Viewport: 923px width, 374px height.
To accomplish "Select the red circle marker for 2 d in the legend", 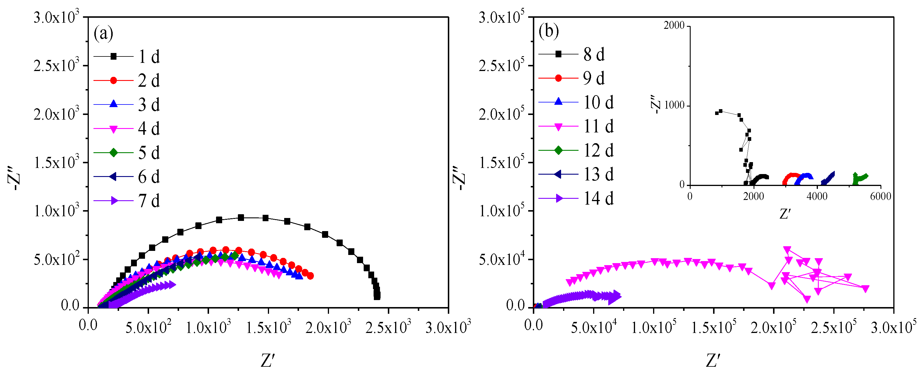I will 114,81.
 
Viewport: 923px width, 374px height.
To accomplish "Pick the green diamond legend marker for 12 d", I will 558,150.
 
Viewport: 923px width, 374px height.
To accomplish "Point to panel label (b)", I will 549,31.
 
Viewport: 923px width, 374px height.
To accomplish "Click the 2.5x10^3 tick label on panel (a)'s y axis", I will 56,65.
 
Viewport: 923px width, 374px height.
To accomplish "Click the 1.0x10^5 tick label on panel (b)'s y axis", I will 501,211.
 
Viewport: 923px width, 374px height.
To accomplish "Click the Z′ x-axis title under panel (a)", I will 268,360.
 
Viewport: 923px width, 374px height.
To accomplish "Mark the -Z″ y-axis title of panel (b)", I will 459,178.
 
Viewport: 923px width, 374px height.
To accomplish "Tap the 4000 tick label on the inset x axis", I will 817,196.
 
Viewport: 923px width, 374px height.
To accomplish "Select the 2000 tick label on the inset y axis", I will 674,25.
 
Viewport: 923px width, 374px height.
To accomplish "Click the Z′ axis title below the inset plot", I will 785,214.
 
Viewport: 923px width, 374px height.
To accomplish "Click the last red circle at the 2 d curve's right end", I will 310,276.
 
